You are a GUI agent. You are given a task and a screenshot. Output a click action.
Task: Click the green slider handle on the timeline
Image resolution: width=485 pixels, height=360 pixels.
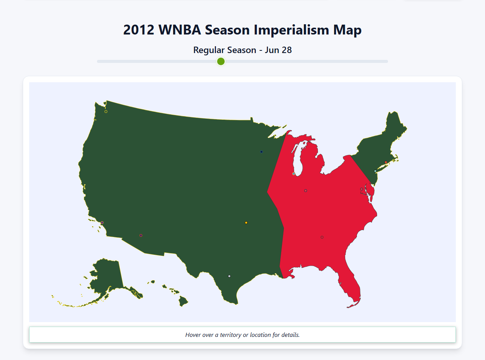(221, 61)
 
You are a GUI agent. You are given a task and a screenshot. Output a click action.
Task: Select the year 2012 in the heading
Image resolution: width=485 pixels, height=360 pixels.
(139, 30)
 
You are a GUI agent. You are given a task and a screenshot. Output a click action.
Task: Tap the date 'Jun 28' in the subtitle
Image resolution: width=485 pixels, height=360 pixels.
(278, 50)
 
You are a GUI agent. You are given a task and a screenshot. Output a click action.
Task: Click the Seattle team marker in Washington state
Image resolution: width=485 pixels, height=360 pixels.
(106, 111)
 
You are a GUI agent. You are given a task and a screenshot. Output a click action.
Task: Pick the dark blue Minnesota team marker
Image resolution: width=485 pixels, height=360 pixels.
(261, 152)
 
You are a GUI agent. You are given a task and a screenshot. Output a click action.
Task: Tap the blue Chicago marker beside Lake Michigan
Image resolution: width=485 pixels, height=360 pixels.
(294, 174)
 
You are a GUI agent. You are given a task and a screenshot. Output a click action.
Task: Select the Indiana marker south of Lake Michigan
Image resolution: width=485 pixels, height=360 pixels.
(305, 191)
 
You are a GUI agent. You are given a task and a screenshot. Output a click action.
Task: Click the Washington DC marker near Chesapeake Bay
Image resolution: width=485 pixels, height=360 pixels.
(361, 189)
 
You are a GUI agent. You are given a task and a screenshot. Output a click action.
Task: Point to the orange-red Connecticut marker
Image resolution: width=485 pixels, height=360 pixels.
(386, 162)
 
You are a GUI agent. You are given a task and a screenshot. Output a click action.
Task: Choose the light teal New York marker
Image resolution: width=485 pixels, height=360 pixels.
(375, 171)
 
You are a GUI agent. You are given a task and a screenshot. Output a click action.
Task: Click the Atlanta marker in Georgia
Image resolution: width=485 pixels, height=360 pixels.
(322, 237)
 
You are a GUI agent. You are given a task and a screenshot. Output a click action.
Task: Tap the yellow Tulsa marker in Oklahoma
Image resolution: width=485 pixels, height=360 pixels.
(246, 222)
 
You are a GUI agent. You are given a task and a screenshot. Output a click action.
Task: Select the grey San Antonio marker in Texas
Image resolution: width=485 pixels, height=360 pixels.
(229, 276)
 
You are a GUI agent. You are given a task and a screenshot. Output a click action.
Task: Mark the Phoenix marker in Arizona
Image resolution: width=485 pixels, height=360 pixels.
(141, 235)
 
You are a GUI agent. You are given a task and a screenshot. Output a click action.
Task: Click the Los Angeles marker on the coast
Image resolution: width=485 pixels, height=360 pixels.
(102, 222)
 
